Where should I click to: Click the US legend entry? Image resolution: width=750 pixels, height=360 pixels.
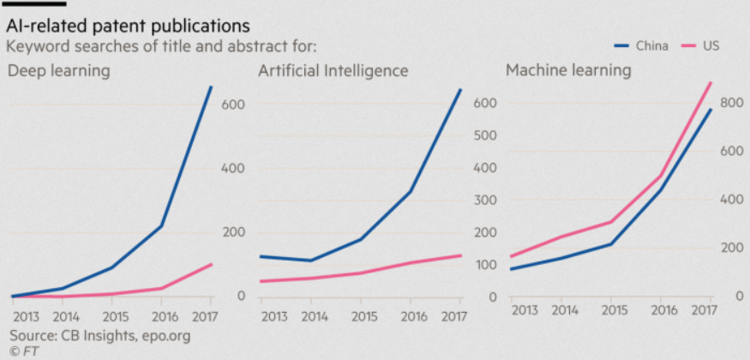(711, 45)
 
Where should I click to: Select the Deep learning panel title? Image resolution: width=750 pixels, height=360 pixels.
(59, 70)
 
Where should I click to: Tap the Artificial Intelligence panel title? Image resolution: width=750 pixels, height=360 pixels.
(333, 70)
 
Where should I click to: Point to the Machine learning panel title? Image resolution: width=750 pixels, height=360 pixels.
(568, 70)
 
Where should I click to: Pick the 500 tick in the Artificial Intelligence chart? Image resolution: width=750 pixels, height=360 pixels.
(487, 135)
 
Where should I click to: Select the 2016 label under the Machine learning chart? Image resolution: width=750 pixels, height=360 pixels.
(661, 309)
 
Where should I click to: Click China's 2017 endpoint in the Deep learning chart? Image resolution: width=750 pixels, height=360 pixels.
(212, 87)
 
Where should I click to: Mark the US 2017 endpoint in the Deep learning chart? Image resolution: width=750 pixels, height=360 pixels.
(212, 264)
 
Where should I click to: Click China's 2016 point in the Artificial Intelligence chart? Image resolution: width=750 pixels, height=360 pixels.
(411, 190)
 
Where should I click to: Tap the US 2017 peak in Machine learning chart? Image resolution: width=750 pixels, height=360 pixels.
(711, 82)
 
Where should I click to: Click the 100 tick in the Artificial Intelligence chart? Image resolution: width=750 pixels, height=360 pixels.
(487, 264)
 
